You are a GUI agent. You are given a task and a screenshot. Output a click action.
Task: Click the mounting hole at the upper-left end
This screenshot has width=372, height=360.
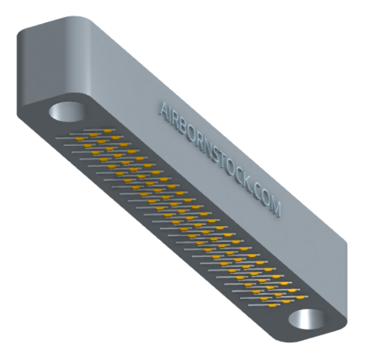(67, 112)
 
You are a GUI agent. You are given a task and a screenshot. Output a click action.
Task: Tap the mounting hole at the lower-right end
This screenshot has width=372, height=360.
(306, 319)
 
